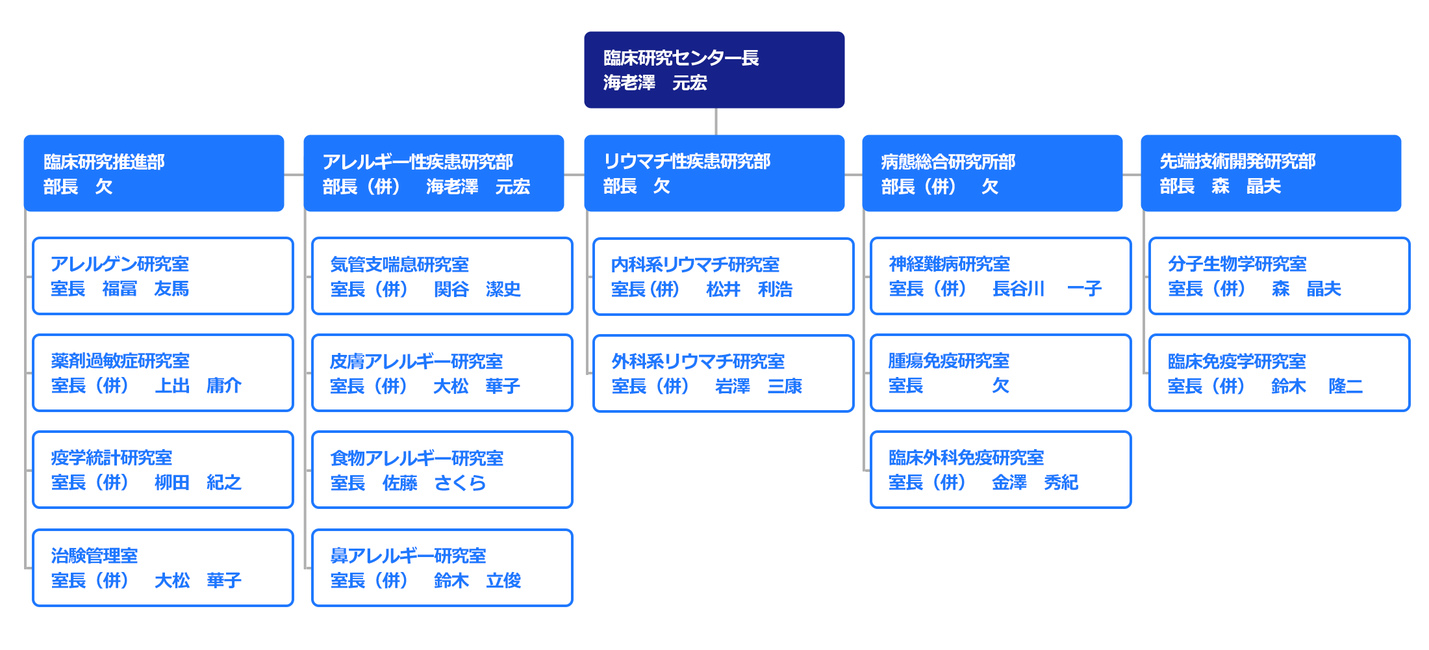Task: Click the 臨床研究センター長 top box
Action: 714,70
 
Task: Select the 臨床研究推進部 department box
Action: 154,173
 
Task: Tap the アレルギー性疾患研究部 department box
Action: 434,173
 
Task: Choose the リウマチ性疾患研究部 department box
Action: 714,173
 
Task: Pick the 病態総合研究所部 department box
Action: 993,173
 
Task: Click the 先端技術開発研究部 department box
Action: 1271,173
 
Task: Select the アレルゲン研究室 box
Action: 163,276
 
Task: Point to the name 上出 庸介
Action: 198,385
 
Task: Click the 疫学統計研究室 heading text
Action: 112,458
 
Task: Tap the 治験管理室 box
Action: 163,567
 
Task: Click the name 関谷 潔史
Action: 477,289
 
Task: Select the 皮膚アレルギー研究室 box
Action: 442,372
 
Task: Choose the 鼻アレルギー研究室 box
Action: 442,567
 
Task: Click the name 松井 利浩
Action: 750,289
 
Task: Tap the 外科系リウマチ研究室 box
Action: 724,373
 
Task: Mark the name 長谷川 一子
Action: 1047,288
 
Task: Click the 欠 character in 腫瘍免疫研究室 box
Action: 1000,385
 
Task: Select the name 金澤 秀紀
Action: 1035,482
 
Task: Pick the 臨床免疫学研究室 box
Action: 1280,372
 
